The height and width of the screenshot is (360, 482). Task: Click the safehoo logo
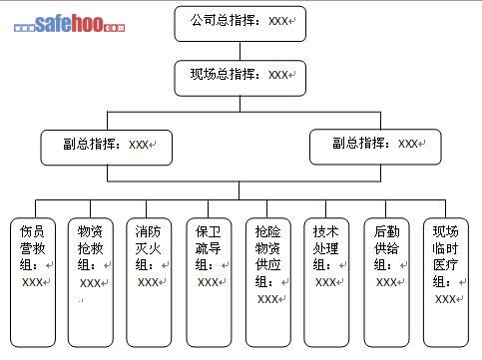pos(69,24)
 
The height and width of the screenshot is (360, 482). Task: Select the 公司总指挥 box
pos(241,24)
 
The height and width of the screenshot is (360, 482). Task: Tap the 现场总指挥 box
pos(241,78)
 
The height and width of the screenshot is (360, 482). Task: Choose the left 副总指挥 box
pos(107,148)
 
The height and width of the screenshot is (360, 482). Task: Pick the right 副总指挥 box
pos(375,147)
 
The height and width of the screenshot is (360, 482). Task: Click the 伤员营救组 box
pos(33,282)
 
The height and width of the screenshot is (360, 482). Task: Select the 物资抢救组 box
pos(91,282)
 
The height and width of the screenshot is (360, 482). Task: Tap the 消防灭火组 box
pos(149,282)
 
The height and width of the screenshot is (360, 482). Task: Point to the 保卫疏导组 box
pos(209,282)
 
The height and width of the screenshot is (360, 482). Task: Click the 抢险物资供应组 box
pos(268,282)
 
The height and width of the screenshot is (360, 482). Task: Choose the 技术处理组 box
pos(326,282)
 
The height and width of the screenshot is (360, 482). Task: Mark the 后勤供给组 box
pos(386,282)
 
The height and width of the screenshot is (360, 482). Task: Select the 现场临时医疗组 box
pos(446,282)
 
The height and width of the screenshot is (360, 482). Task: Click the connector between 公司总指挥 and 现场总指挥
pos(241,51)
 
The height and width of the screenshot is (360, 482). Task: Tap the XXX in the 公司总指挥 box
pos(278,21)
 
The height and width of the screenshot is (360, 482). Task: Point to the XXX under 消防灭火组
pos(148,282)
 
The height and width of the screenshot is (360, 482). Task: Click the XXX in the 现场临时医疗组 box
pos(445,299)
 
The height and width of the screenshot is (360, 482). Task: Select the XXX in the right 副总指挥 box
pos(408,144)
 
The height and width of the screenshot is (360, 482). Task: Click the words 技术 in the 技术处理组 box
pos(325,231)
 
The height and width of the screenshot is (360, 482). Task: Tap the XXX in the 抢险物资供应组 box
pos(267,299)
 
